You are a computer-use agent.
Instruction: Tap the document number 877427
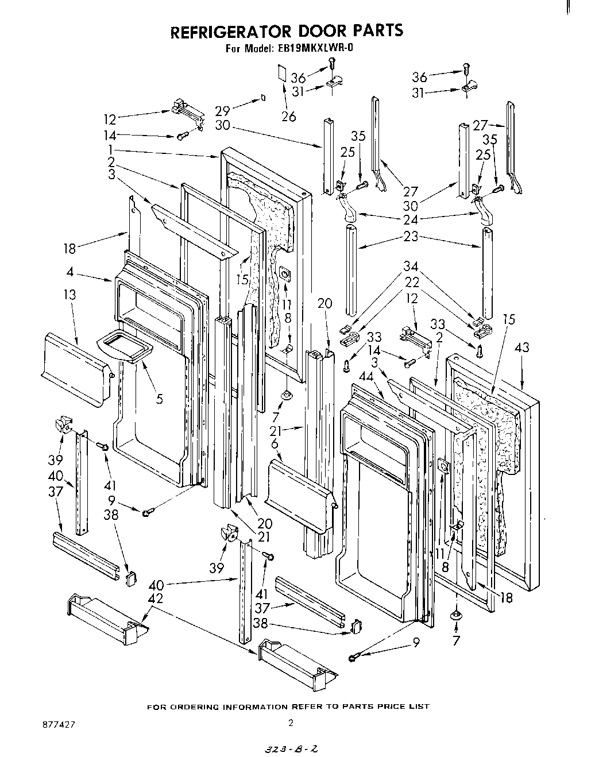point(58,724)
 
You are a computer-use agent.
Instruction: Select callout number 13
point(69,295)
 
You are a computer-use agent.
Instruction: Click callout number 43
point(522,347)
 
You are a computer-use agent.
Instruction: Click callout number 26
point(288,117)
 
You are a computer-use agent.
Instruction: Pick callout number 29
point(223,111)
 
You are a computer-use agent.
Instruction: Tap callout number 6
point(275,443)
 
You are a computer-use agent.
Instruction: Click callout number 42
point(156,598)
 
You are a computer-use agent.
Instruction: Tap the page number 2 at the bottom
point(291,724)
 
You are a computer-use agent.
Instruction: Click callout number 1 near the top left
point(109,148)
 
